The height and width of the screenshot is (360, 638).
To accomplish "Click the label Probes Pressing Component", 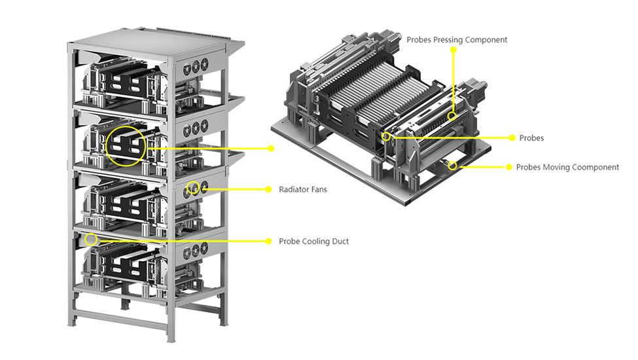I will [x=457, y=40].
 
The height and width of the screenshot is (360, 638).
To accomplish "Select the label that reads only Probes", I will [x=531, y=138].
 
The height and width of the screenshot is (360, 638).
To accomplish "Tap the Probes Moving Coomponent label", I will [x=567, y=168].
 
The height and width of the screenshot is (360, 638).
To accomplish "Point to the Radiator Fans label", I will [x=303, y=189].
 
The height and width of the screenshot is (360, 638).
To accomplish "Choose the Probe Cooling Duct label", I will [x=313, y=242].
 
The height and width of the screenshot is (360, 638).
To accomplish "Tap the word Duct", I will [x=340, y=242].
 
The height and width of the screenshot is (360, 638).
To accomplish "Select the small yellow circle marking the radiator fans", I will [x=194, y=189].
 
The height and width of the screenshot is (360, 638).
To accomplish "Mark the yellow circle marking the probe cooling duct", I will [x=91, y=240].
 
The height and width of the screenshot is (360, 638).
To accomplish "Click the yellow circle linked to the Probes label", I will [x=387, y=137].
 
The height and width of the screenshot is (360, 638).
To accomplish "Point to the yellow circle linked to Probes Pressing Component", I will [x=452, y=115].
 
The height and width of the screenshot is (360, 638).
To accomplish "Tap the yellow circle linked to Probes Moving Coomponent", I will [x=452, y=166].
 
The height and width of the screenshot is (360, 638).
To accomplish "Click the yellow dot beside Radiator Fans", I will [x=268, y=189].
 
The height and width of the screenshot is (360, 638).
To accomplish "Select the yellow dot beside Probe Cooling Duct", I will [x=268, y=242].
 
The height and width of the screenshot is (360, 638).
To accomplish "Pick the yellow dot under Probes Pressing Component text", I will [x=452, y=51].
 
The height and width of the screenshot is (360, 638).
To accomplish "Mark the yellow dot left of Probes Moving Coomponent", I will [x=508, y=168].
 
